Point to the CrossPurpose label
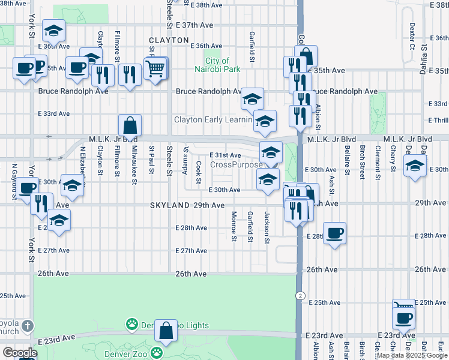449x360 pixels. [x=236, y=164]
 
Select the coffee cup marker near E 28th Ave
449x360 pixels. [x=335, y=233]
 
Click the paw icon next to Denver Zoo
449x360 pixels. [x=157, y=352]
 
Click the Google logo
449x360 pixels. [x=19, y=353]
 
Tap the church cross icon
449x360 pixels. [x=26, y=327]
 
